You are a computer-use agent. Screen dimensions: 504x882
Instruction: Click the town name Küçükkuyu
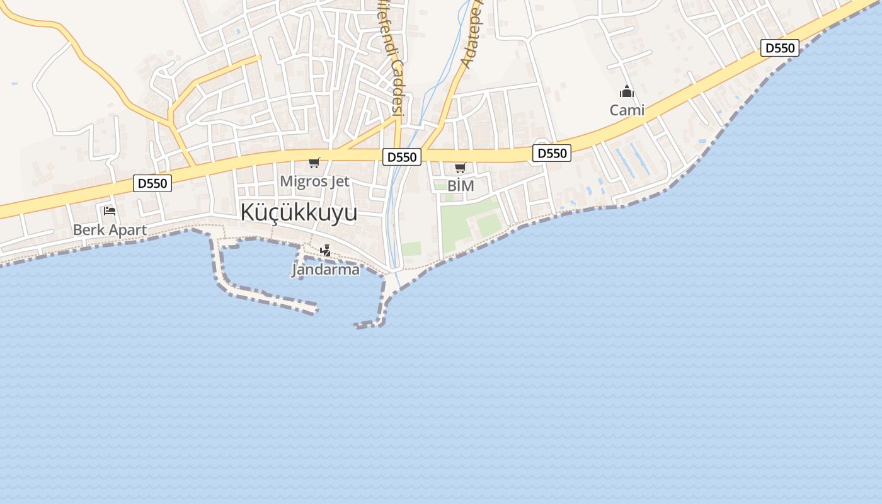point(298,213)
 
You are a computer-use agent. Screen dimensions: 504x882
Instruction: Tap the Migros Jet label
point(314,181)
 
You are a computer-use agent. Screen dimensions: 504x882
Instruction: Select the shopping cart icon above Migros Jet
point(314,163)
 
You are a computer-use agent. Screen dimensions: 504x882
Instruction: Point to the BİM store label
point(461,186)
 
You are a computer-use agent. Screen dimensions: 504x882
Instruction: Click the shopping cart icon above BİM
point(461,168)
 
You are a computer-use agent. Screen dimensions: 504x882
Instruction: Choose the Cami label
point(627,110)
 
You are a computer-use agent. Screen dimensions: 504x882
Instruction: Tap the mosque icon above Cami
point(627,92)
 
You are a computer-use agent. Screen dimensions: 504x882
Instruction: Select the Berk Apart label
point(110,230)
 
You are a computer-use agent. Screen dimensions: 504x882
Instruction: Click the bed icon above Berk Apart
point(110,211)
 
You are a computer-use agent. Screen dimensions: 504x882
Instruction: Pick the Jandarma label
point(325,270)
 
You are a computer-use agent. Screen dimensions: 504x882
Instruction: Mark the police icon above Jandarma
point(325,251)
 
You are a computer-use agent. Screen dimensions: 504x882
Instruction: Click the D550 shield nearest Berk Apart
point(152,183)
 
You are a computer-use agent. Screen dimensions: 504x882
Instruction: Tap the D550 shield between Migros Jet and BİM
point(402,157)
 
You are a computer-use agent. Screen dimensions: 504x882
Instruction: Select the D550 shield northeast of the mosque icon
point(779,48)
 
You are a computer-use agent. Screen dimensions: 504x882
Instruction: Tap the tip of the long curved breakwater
point(312,309)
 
